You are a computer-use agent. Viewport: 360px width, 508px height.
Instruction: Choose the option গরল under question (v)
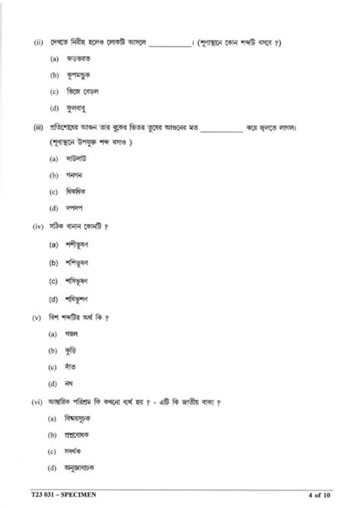pyautogui.click(x=73, y=333)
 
